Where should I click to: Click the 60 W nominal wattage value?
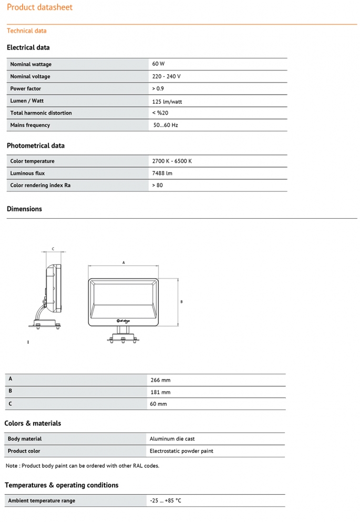[x=158, y=64]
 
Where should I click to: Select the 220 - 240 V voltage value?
[x=166, y=76]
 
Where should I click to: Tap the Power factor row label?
[x=25, y=88]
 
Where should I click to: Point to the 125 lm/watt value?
[x=167, y=101]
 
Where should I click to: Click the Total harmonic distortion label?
[x=41, y=113]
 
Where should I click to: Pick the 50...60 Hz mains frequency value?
[x=166, y=125]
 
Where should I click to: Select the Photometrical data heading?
[x=36, y=146]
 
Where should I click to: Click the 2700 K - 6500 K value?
[x=172, y=161]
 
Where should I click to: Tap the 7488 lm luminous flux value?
[x=162, y=173]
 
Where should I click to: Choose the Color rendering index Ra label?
[x=40, y=185]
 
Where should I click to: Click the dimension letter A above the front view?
[x=124, y=262]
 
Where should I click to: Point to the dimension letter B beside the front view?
[x=181, y=302]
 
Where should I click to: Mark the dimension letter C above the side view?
[x=53, y=249]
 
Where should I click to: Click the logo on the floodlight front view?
[x=122, y=320]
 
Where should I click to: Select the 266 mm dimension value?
[x=160, y=380]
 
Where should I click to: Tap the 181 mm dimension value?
[x=160, y=392]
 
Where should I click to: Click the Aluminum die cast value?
[x=172, y=439]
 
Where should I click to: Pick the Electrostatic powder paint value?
[x=181, y=451]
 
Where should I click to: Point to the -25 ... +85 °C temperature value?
[x=166, y=500]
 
